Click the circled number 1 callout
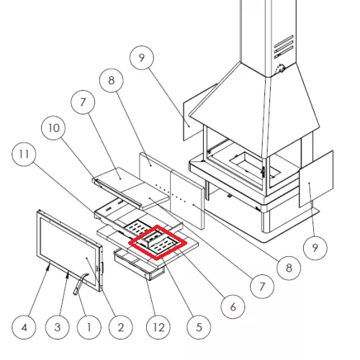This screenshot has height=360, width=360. [x=89, y=328]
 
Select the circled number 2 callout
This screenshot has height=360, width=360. [x=120, y=328]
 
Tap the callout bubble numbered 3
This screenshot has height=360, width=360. [x=57, y=328]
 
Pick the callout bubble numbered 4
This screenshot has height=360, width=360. [x=24, y=328]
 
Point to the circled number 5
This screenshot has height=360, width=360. [x=199, y=328]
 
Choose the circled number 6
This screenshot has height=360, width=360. [x=233, y=307]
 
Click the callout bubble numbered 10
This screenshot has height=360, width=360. [x=54, y=128]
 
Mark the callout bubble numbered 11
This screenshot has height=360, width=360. [x=24, y=154]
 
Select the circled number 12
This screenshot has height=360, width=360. [x=158, y=328]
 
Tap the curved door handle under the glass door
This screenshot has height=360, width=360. [x=80, y=283]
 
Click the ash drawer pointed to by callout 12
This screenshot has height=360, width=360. [x=139, y=265]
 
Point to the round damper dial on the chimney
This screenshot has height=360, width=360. [x=279, y=69]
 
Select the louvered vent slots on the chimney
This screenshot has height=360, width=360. [x=284, y=47]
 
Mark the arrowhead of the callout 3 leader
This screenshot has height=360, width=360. [x=68, y=274]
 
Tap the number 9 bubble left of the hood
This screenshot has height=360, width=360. [x=142, y=58]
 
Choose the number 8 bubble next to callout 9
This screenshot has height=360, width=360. [x=112, y=81]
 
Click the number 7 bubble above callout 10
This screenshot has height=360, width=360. [x=83, y=102]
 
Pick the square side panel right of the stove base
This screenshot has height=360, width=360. [x=316, y=179]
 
